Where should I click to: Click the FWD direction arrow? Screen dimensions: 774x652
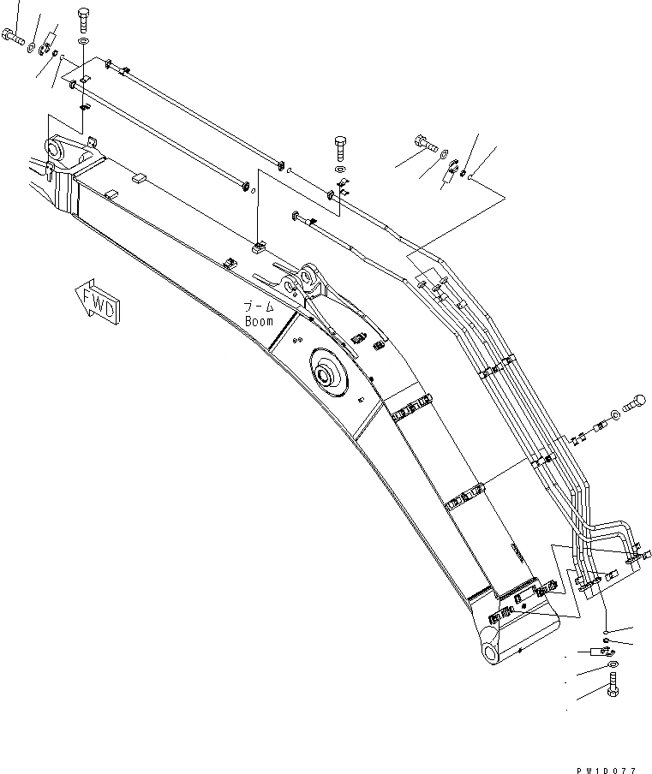click(97, 301)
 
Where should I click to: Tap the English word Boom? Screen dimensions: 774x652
click(259, 321)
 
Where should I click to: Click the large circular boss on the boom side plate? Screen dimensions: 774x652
click(328, 374)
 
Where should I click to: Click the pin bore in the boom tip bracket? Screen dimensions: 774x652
click(58, 151)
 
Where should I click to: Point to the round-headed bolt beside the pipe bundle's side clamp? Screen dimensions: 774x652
click(636, 401)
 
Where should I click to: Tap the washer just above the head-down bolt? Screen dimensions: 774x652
click(612, 665)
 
